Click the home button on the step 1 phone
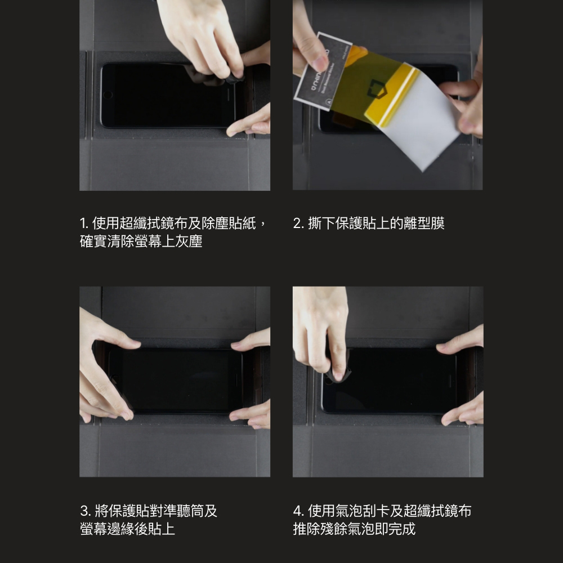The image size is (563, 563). tap(108, 95)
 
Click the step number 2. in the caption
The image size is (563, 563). tap(298, 224)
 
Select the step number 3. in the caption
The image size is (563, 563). tap(86, 511)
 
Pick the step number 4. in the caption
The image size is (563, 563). tap(299, 511)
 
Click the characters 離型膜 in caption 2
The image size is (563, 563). tap(424, 224)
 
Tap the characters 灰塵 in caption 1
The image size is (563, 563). tap(189, 242)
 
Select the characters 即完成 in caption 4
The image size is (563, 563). tap(395, 529)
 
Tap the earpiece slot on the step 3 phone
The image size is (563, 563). tap(236, 380)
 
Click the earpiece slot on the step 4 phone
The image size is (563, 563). tap(450, 381)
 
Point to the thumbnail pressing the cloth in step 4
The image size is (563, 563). tap(338, 376)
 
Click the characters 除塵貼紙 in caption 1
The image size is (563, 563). tap(229, 224)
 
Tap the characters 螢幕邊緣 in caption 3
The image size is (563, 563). tap(108, 529)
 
